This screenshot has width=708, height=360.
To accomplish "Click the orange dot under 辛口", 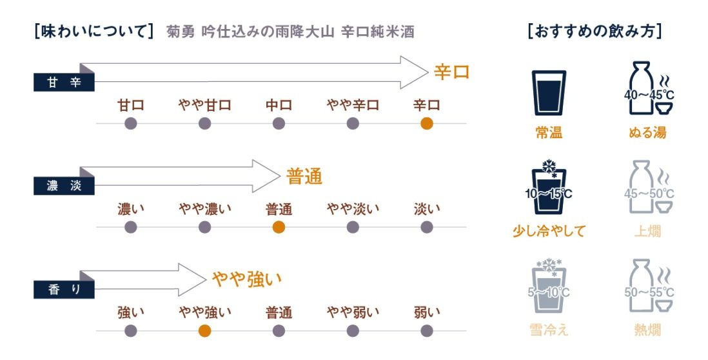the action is (x=427, y=123).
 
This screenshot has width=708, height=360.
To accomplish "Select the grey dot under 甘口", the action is (x=130, y=123).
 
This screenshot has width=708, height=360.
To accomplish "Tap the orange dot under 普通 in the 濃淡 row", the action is (x=279, y=227).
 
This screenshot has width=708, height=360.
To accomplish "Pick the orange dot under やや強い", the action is (x=204, y=331).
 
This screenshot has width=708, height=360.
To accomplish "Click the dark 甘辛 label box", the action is (x=64, y=82).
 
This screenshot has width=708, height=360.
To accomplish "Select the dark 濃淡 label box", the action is (x=64, y=186).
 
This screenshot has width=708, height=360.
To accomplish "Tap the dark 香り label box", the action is (x=64, y=290).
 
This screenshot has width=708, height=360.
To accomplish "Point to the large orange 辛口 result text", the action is (x=451, y=72).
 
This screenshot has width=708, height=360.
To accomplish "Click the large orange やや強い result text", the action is (x=247, y=279).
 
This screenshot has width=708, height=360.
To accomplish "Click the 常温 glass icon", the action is (x=549, y=93).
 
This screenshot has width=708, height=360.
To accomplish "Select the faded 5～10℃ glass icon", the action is (x=549, y=286).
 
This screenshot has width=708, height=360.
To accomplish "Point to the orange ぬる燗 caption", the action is (x=647, y=132).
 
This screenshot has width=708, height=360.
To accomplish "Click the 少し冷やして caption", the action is (x=549, y=231).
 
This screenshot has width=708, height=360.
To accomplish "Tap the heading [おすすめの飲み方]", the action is (x=595, y=32).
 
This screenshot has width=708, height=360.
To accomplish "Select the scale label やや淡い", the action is (x=353, y=208).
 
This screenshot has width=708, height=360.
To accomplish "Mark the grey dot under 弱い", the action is (x=427, y=331).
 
